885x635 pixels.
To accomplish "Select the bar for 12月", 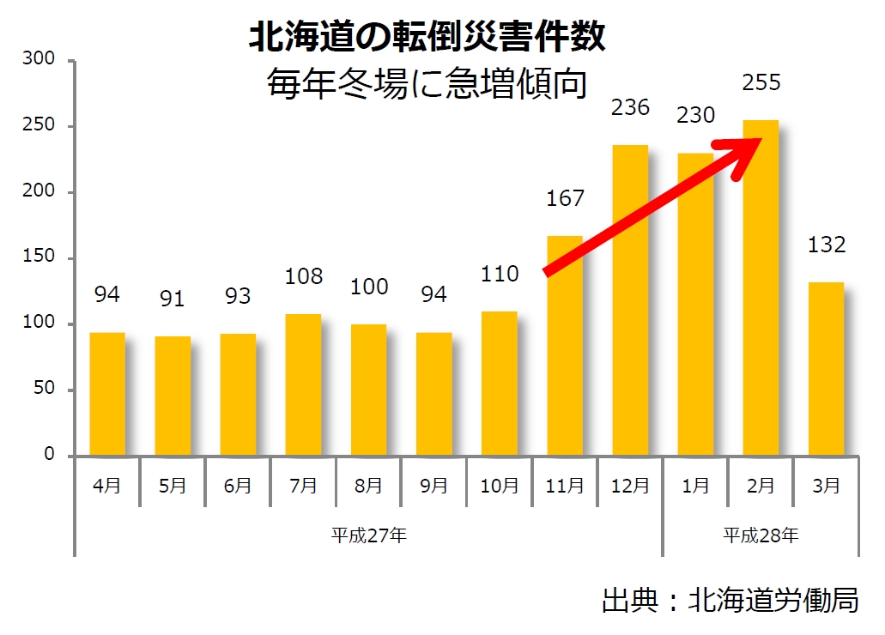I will (x=630, y=299).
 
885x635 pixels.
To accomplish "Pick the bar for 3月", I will (x=826, y=368).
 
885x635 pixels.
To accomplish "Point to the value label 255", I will (x=761, y=83).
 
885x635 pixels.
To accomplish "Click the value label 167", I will (x=565, y=198).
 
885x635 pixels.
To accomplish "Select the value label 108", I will (x=304, y=276).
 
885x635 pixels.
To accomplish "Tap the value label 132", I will (x=826, y=245).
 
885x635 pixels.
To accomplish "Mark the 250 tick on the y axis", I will (x=41, y=126).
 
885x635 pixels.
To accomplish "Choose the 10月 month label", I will (x=499, y=486).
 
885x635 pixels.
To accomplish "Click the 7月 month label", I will (x=304, y=486).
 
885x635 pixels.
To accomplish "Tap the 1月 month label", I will (x=695, y=486).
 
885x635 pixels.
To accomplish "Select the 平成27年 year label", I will (x=369, y=536).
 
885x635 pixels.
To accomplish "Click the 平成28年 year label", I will (x=761, y=536).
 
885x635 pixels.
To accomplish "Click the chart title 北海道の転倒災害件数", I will (x=427, y=38).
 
